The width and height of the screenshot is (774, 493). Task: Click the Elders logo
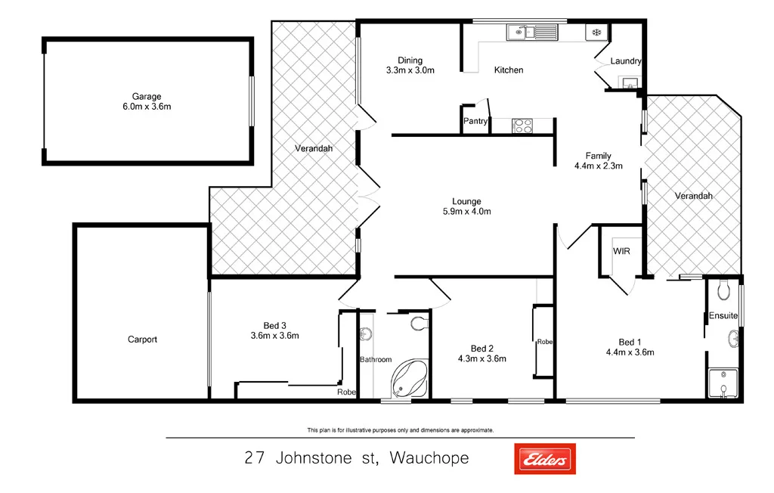pyautogui.click(x=544, y=458)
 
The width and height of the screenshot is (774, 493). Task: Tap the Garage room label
pyautogui.click(x=147, y=97)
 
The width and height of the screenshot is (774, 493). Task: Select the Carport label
pyautogui.click(x=142, y=340)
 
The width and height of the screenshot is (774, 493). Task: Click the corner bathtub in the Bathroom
pyautogui.click(x=408, y=379)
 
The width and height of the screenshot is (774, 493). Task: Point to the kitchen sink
pyautogui.click(x=531, y=32)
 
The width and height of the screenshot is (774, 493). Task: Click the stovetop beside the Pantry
pyautogui.click(x=522, y=126)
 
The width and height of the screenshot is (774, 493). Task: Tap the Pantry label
pyautogui.click(x=475, y=121)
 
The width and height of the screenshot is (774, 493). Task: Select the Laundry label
pyautogui.click(x=626, y=61)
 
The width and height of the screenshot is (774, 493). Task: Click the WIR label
pyautogui.click(x=621, y=251)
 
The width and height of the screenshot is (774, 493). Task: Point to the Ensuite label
pyautogui.click(x=723, y=315)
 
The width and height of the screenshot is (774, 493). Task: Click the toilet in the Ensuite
pyautogui.click(x=724, y=288)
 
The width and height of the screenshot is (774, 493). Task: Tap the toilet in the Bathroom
pyautogui.click(x=418, y=324)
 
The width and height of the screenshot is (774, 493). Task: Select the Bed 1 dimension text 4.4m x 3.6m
pyautogui.click(x=630, y=352)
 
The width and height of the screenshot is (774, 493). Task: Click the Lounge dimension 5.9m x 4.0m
pyautogui.click(x=466, y=212)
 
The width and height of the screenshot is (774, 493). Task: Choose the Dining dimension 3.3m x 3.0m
pyautogui.click(x=410, y=70)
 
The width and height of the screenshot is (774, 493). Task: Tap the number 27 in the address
pyautogui.click(x=255, y=458)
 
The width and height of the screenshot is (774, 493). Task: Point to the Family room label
pyautogui.click(x=598, y=157)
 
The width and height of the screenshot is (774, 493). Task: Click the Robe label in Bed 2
pyautogui.click(x=544, y=342)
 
